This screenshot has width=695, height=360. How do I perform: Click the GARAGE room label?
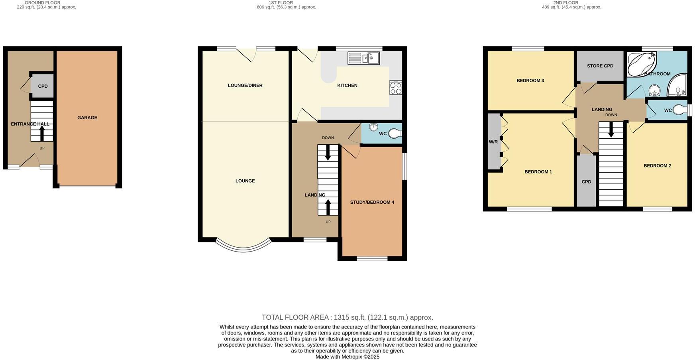pyautogui.click(x=87, y=118)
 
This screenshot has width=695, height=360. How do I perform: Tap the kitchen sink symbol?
pyautogui.click(x=363, y=58)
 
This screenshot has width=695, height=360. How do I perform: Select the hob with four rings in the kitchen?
pyautogui.click(x=396, y=88)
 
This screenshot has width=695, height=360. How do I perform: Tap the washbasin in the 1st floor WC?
pyautogui.click(x=373, y=127)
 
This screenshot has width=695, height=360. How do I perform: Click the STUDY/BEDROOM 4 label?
pyautogui.click(x=372, y=202)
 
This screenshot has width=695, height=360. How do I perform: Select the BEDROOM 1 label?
pyautogui.click(x=538, y=172)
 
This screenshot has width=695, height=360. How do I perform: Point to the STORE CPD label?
pyautogui.click(x=600, y=66)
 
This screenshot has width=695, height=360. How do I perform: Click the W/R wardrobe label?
pyautogui.click(x=493, y=142)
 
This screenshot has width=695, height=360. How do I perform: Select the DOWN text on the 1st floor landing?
pyautogui.click(x=328, y=138)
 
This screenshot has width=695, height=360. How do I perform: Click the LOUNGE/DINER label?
pyautogui.click(x=245, y=85)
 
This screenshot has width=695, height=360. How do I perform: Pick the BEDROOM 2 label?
pyautogui.click(x=657, y=166)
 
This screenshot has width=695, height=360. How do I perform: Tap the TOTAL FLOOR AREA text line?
pyautogui.click(x=347, y=317)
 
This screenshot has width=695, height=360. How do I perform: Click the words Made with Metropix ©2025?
pyautogui.click(x=347, y=357)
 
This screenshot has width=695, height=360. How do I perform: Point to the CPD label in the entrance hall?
pyautogui.click(x=43, y=86)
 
